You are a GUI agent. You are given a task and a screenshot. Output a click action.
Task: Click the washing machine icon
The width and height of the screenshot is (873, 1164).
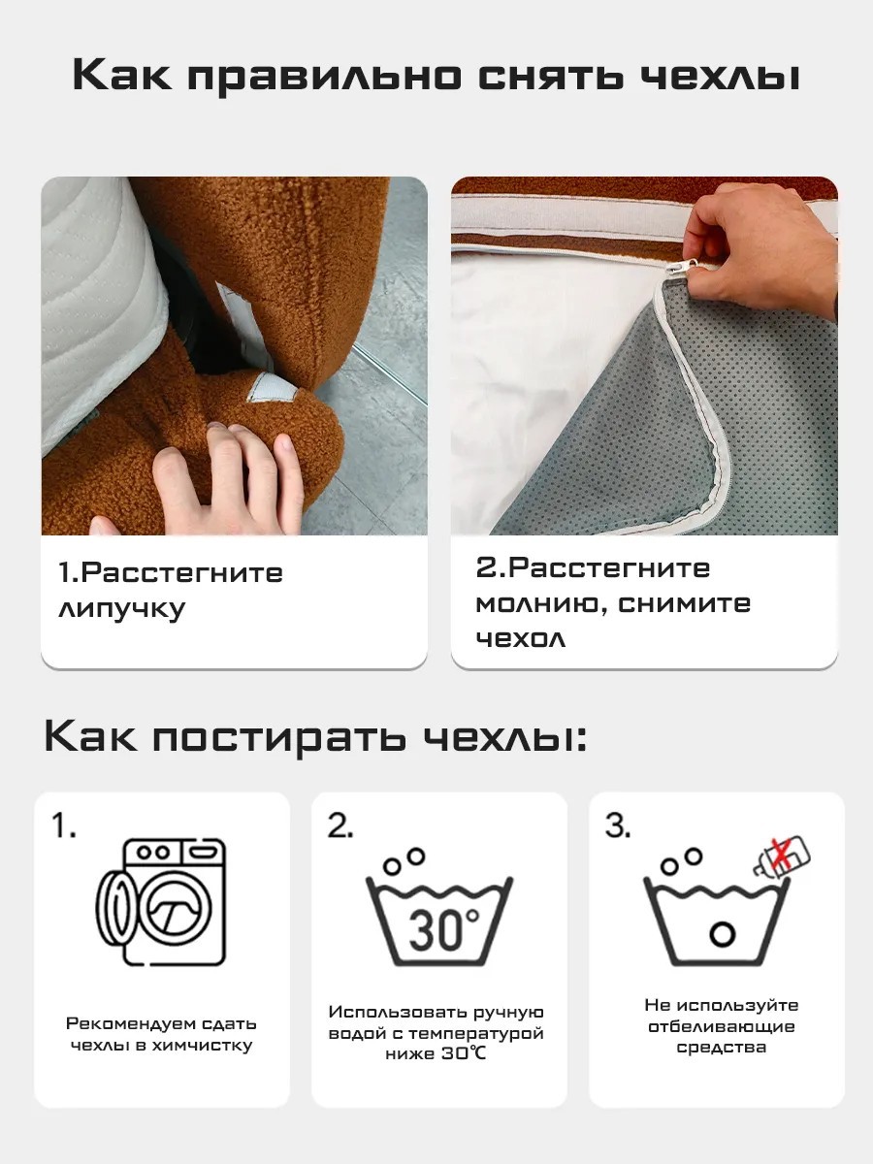tap(162, 901)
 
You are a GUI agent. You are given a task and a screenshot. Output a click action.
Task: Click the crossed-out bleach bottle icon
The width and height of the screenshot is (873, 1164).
tap(782, 855)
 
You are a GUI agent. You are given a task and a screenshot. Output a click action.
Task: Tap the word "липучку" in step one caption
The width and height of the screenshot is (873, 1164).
tap(121, 610)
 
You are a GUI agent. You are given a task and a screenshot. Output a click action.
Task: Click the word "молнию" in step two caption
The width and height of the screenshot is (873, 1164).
tap(541, 603)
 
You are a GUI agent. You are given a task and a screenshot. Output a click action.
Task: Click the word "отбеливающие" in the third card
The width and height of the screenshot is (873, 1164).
tap(722, 1026)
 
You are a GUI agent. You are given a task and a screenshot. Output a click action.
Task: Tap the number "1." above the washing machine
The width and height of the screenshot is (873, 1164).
tap(64, 826)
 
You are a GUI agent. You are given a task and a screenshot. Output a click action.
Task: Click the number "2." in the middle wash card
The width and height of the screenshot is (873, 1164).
tap(340, 826)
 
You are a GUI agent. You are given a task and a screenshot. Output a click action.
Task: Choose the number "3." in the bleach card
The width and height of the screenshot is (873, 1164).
tap(618, 826)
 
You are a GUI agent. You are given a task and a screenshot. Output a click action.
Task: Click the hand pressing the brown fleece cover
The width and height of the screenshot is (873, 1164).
tap(223, 475)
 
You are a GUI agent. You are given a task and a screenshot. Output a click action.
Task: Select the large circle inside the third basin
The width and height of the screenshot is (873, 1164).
tap(721, 933)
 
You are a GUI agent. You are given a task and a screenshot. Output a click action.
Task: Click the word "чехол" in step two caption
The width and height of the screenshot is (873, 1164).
tap(520, 639)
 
